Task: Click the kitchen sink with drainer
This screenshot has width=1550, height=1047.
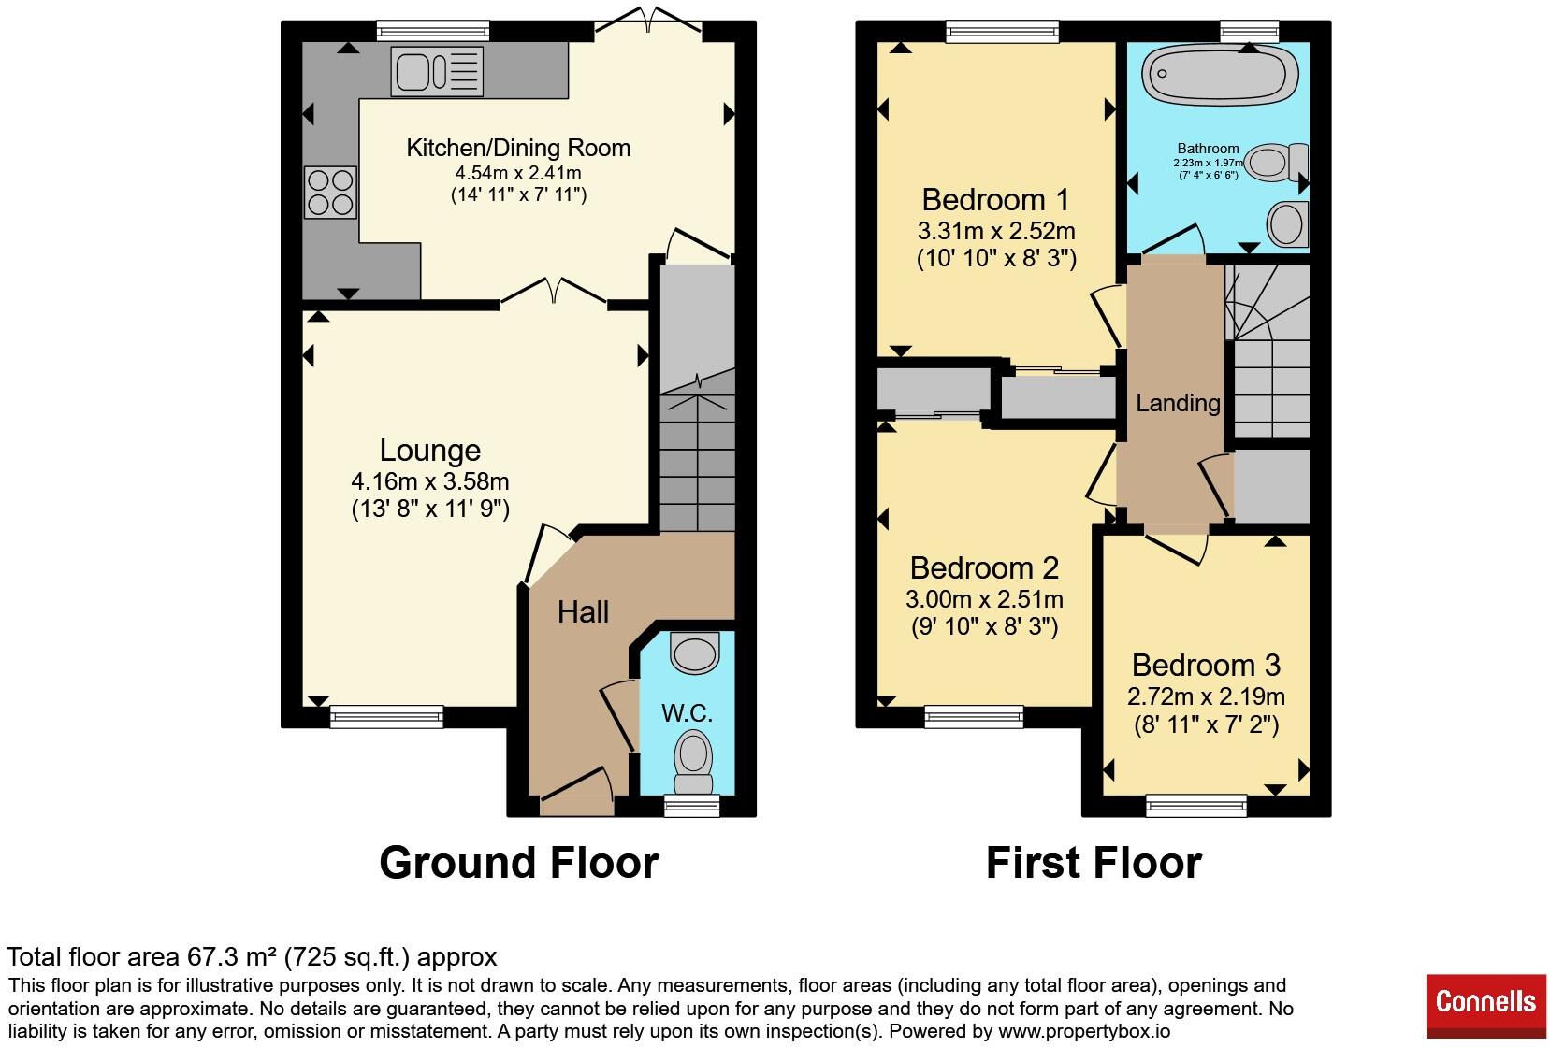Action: point(437,71)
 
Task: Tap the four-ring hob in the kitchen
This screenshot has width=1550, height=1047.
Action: point(330,193)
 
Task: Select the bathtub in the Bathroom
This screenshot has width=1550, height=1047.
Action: point(1219,75)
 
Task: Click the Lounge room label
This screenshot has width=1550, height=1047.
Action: point(429,451)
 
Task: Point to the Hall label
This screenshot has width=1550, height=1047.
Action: point(583,612)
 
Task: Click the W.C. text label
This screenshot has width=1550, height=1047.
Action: point(687,713)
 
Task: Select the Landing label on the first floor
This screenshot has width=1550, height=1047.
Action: point(1178,403)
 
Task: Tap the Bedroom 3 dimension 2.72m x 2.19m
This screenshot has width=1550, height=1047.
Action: point(1206,696)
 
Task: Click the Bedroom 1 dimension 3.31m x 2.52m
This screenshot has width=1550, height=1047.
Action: point(996,230)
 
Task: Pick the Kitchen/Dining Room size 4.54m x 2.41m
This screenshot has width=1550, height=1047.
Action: point(518,172)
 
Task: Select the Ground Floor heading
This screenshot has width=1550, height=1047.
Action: point(519,863)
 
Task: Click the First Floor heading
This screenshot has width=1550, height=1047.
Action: point(1094,863)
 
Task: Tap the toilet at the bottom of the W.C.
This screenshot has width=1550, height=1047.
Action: point(693,764)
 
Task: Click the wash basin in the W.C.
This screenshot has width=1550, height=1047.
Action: point(695,653)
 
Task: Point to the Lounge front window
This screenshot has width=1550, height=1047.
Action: point(386,717)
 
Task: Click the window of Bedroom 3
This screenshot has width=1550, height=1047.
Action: point(1196,807)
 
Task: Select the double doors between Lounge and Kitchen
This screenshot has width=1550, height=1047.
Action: point(554,291)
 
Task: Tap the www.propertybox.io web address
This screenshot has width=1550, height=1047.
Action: point(1084,1032)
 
